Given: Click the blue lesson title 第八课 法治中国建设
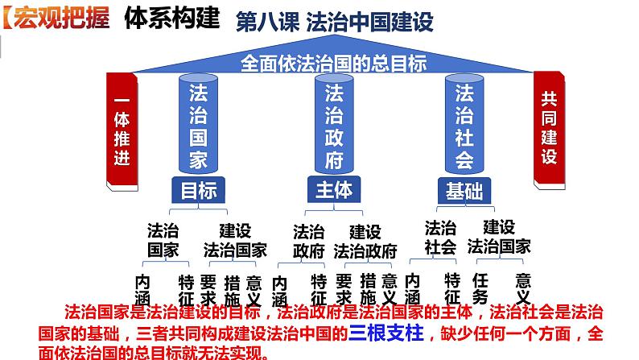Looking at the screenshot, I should pos(334,22).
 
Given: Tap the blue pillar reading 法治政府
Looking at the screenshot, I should pos(332,125).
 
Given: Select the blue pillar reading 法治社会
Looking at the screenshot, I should pos(464,125).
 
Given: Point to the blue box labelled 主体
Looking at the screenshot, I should pos(331,190).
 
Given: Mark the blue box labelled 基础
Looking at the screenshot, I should pos(464,191).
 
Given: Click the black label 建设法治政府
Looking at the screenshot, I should pos(365,241).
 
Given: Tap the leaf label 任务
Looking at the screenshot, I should pos(480,290).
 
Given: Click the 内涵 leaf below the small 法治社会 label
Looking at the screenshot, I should pos(412,290).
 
